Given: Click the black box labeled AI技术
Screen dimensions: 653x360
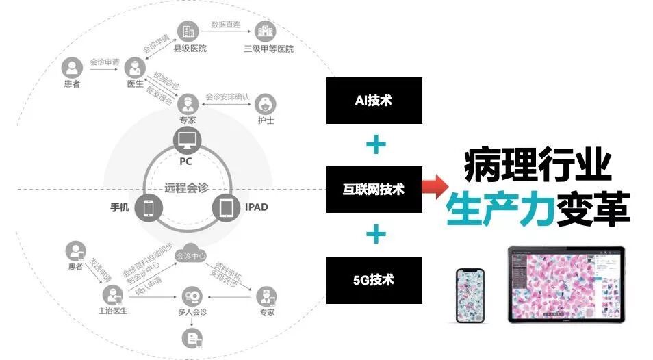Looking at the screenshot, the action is tap(374, 101).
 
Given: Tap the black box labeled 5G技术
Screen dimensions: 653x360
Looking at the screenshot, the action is tap(374, 280).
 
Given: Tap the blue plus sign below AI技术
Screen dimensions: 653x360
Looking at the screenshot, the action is tap(375, 145).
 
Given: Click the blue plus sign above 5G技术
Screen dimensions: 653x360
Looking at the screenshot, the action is tap(375, 235).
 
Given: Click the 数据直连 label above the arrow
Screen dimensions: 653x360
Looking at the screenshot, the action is tap(226, 24).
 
